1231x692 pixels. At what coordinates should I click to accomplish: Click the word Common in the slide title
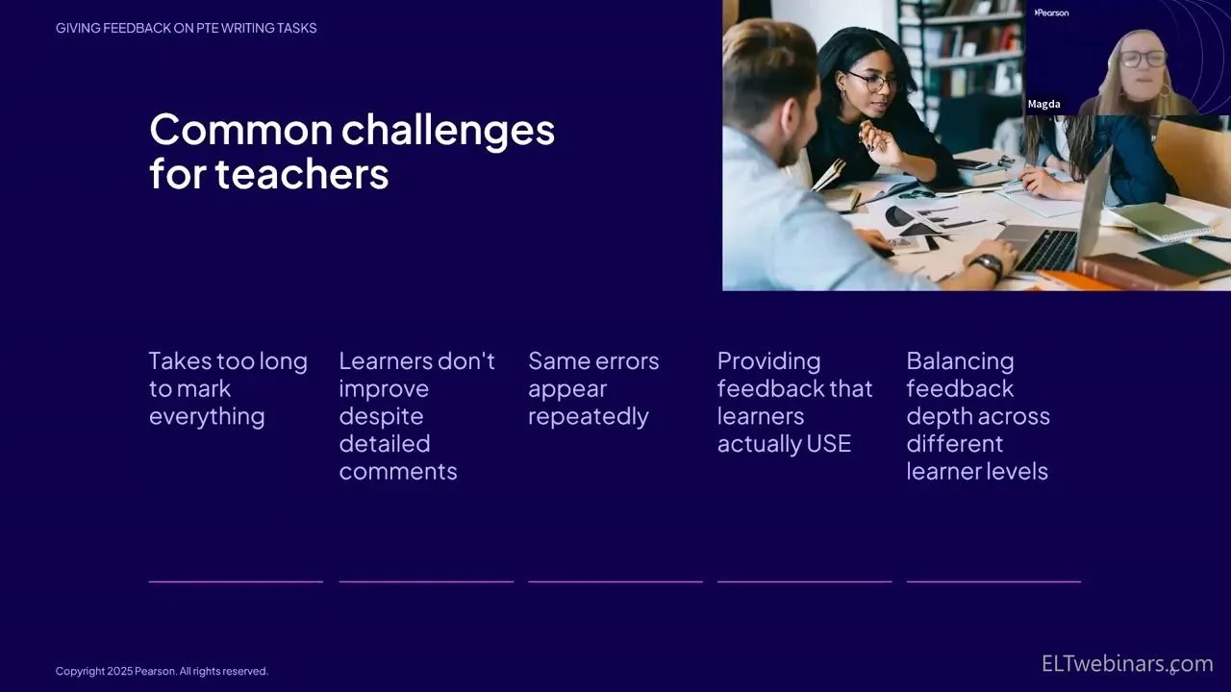click(241, 130)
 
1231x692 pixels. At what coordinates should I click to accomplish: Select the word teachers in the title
click(302, 174)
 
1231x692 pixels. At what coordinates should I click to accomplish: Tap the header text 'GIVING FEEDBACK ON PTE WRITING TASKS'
click(187, 28)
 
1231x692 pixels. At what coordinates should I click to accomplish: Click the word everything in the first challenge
click(207, 417)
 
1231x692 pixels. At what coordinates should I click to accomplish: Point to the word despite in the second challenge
click(381, 417)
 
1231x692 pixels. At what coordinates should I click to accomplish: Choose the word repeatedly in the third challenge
click(588, 417)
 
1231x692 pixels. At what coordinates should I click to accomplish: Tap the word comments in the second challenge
click(398, 472)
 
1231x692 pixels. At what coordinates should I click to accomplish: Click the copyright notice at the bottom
click(162, 671)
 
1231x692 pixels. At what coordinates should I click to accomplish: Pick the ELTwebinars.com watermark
click(1127, 663)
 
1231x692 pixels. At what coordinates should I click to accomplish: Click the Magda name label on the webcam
click(1044, 104)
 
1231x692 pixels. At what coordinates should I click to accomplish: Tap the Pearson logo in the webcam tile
click(1051, 12)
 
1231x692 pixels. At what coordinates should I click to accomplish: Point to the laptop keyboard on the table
click(1044, 250)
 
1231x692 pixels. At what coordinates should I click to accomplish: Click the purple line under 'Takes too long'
click(236, 581)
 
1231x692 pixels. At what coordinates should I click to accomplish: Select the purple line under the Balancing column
click(993, 581)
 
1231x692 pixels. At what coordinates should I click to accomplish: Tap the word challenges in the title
click(448, 131)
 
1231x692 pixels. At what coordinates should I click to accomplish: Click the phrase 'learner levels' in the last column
click(977, 472)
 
